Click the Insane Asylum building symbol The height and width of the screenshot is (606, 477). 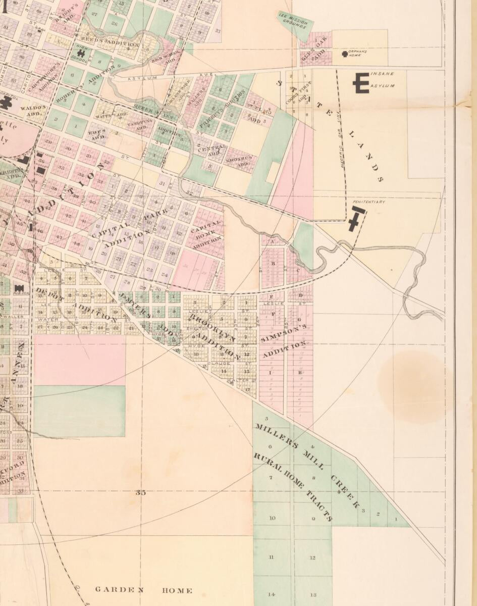[x=361, y=83]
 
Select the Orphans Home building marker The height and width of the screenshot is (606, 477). [x=345, y=54]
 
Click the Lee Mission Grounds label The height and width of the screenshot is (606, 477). [x=294, y=20]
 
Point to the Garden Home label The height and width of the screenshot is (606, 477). [x=143, y=590]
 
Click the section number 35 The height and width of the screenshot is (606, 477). [x=141, y=492]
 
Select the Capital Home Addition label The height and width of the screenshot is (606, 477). [x=206, y=233]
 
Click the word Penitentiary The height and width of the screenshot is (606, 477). [x=369, y=201]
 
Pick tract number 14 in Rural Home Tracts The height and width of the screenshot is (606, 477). [x=272, y=594]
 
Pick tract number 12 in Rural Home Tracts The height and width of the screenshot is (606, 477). [x=312, y=558]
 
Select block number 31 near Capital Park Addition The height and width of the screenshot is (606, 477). [x=163, y=183]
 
